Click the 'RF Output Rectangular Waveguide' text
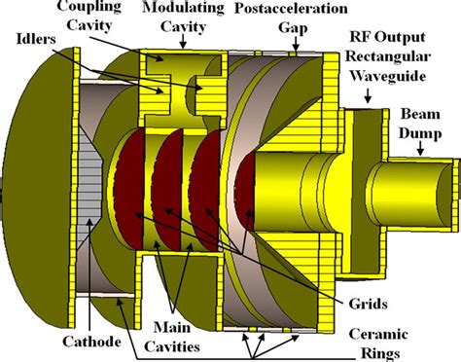[x=401, y=56]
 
